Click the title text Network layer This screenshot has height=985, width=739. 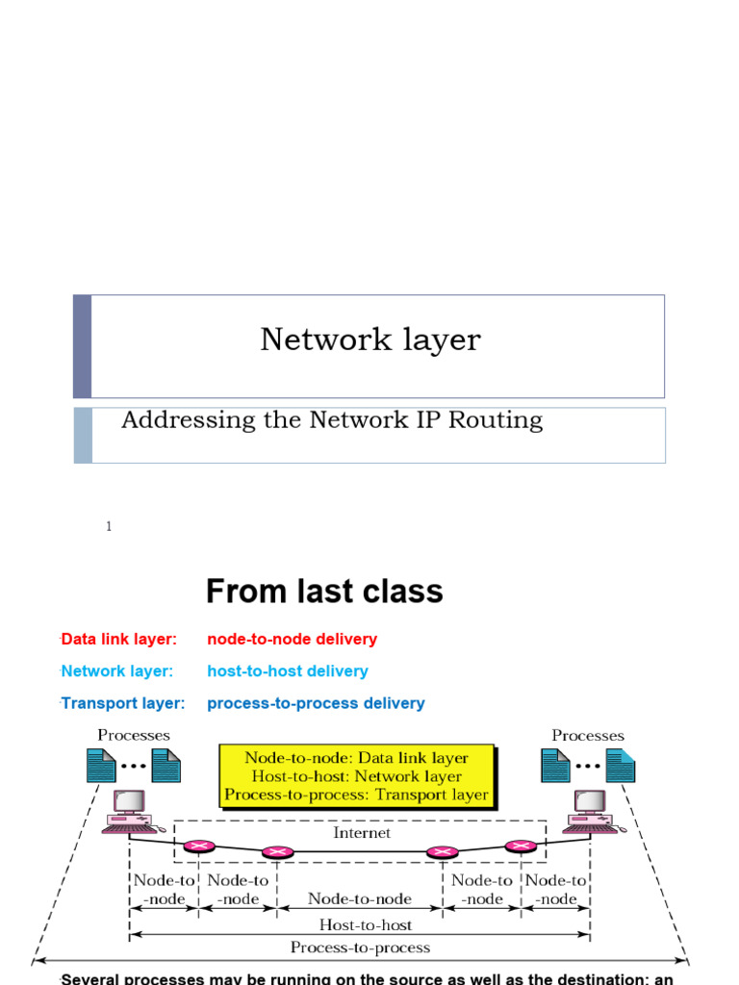[369, 340]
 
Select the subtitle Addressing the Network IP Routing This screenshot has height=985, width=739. [332, 420]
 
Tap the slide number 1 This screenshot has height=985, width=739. [109, 526]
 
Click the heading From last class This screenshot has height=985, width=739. [324, 591]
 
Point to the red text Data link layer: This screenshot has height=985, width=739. [118, 639]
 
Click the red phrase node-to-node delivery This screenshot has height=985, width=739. [292, 639]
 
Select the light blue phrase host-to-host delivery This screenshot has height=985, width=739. [287, 670]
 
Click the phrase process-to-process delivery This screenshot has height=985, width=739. [316, 703]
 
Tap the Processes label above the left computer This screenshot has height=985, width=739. [134, 736]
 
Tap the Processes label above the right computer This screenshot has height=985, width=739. [587, 736]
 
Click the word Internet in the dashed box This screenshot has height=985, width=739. [362, 833]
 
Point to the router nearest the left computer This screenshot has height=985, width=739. [199, 846]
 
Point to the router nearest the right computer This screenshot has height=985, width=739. [520, 846]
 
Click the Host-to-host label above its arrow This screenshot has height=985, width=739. [359, 924]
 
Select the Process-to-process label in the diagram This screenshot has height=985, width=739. [359, 947]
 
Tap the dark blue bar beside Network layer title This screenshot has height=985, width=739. [83, 346]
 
